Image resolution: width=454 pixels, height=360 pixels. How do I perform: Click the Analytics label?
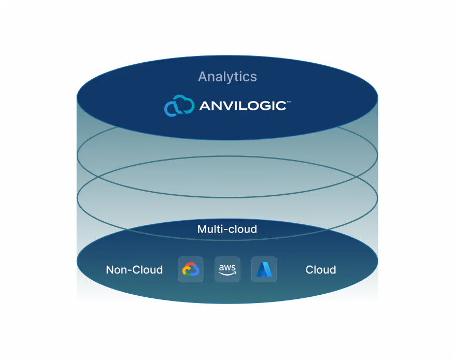(227, 77)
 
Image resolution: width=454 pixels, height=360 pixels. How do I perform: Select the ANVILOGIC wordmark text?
(242, 106)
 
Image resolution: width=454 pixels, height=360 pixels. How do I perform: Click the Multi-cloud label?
(227, 229)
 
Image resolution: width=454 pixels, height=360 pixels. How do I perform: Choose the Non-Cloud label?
(134, 270)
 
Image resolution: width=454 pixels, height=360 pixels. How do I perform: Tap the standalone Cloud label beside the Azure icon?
(320, 270)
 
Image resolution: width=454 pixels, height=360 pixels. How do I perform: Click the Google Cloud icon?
(191, 269)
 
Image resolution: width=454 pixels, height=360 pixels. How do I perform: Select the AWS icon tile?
(228, 269)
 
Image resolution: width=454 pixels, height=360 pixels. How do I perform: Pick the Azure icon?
(264, 269)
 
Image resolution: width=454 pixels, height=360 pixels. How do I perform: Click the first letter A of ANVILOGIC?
(205, 106)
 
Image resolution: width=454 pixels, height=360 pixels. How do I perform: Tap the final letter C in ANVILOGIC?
(280, 106)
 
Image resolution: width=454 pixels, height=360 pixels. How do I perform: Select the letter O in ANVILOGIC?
(254, 106)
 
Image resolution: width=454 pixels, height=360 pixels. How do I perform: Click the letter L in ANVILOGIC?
(244, 106)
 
